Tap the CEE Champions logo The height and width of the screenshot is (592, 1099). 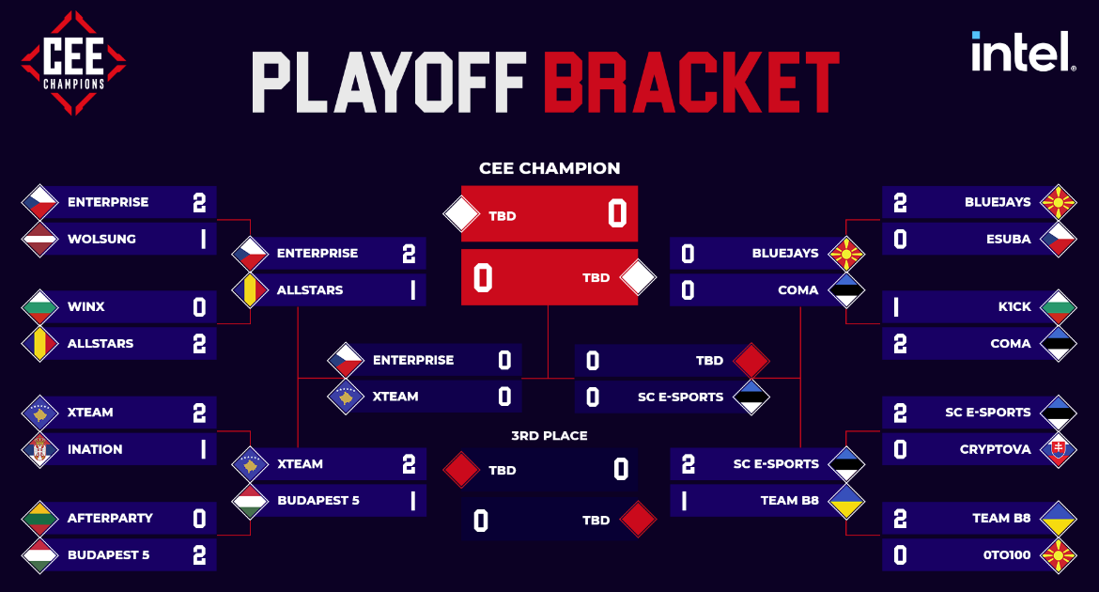pyautogui.click(x=73, y=63)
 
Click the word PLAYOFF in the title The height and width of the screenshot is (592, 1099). pyautogui.click(x=389, y=82)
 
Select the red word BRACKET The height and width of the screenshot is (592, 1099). pyautogui.click(x=691, y=82)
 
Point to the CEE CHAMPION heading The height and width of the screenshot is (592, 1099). pyautogui.click(x=549, y=168)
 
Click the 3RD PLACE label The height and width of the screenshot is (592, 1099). pyautogui.click(x=549, y=436)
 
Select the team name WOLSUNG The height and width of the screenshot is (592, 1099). pyautogui.click(x=101, y=240)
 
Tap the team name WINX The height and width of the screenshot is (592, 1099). pyautogui.click(x=86, y=306)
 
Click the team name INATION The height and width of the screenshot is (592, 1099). pyautogui.click(x=95, y=449)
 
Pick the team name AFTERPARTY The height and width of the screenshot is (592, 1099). pyautogui.click(x=110, y=519)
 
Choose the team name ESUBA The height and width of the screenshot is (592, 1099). pyautogui.click(x=1009, y=240)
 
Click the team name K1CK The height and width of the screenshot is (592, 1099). pyautogui.click(x=1014, y=306)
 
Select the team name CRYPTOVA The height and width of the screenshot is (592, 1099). pyautogui.click(x=996, y=449)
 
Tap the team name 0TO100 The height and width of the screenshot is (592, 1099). pyautogui.click(x=1007, y=554)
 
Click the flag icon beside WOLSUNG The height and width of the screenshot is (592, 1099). pyautogui.click(x=40, y=240)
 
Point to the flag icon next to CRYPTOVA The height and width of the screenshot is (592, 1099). pyautogui.click(x=1059, y=449)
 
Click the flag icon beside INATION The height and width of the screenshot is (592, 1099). pyautogui.click(x=40, y=449)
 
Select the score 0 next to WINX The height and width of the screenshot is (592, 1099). pyautogui.click(x=200, y=307)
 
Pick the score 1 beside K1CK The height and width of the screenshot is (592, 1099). pyautogui.click(x=896, y=307)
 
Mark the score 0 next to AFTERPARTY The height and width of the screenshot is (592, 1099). pyautogui.click(x=200, y=519)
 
